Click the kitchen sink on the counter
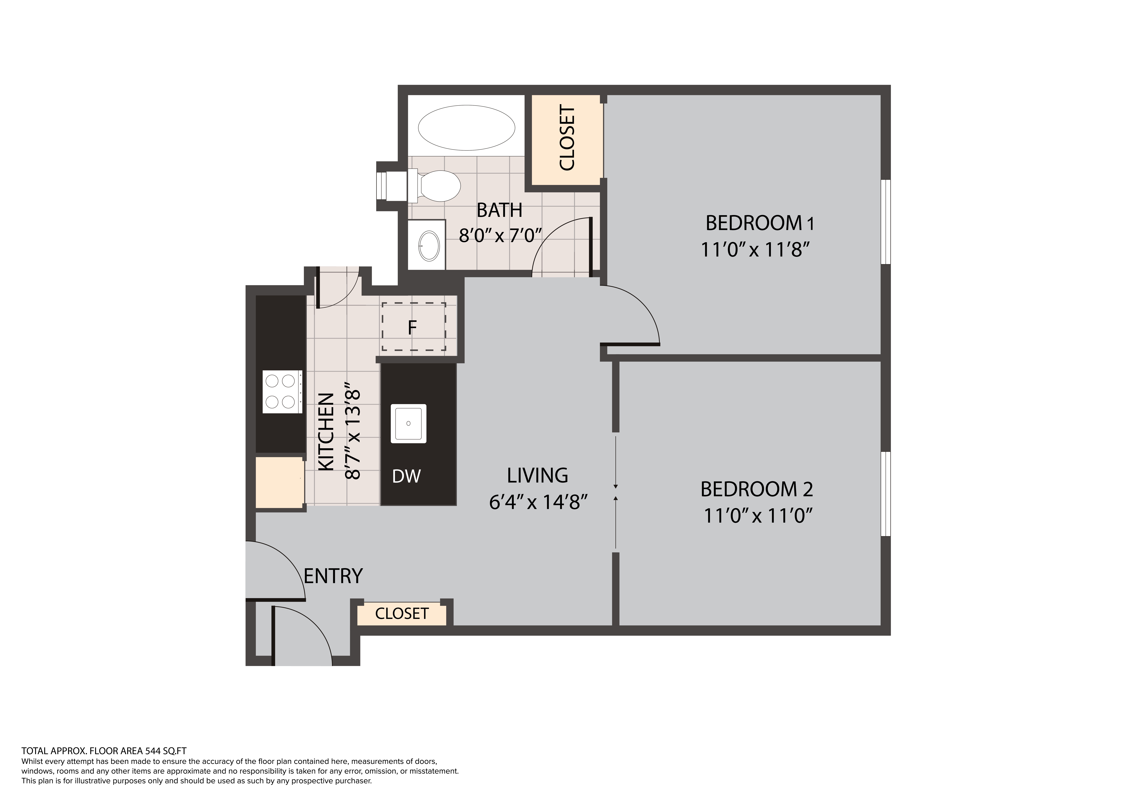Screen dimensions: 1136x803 pos(408,424)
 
